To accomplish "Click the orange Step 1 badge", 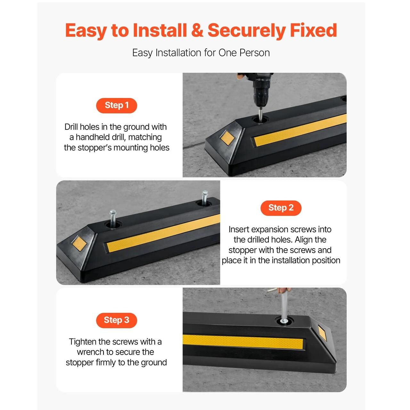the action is pos(116,105).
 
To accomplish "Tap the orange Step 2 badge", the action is pos(281,208).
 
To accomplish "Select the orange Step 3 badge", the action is pos(116,320).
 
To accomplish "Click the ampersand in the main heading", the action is pos(197,30).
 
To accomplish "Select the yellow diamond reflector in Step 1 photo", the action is pos(227,137).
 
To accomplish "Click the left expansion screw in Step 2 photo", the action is pos(112,219).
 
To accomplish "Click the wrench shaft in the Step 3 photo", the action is pos(284,306).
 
